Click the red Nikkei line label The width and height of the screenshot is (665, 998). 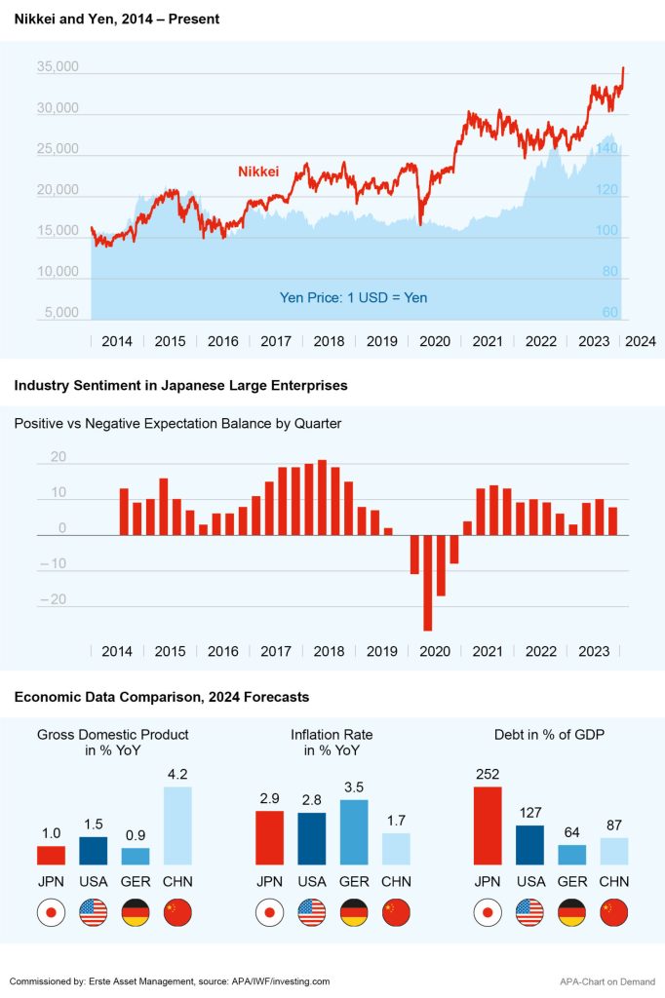258,172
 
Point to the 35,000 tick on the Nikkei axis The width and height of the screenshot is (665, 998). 58,67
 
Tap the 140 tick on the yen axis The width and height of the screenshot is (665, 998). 606,149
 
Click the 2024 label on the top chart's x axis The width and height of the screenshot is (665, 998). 640,341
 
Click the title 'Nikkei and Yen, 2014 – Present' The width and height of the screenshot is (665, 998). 117,19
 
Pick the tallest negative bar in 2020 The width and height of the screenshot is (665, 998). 427,583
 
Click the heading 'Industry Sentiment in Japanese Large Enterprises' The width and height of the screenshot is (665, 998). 180,386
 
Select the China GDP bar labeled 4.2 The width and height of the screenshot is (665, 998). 177,825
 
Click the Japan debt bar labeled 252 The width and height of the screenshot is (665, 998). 487,825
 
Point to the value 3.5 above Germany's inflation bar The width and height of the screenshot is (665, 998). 354,787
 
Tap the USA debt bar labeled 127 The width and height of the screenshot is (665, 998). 529,845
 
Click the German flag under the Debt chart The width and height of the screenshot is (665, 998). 571,913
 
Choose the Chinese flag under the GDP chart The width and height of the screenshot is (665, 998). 177,913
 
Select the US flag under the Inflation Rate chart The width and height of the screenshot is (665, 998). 311,913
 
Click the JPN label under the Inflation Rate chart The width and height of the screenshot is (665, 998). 269,882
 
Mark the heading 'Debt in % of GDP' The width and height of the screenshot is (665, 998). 550,734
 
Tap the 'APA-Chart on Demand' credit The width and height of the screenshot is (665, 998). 606,981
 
